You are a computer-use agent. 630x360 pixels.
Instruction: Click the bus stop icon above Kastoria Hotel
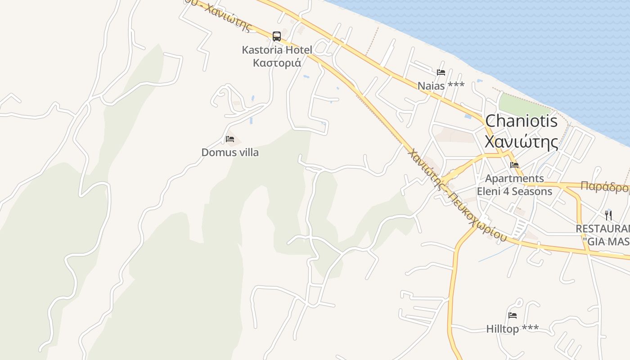[x=277, y=36]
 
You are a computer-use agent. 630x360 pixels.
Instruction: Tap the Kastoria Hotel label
[x=277, y=49]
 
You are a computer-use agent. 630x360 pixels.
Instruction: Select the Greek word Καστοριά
[x=277, y=63]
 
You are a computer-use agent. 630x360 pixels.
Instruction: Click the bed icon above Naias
[x=441, y=72]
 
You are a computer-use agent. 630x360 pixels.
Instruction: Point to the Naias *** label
[x=441, y=85]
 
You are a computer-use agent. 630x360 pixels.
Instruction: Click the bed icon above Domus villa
[x=230, y=139]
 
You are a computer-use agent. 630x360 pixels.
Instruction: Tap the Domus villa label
[x=230, y=152]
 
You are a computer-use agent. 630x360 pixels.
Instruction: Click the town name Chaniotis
[x=522, y=121]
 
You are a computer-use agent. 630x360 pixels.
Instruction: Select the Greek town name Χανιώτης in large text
[x=522, y=141]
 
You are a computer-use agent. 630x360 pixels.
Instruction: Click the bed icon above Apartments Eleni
[x=514, y=165]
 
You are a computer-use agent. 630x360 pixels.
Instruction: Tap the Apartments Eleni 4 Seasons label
[x=514, y=185]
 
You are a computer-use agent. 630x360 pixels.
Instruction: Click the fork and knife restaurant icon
[x=608, y=215]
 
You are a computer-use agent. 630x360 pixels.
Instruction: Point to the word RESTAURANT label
[x=603, y=229]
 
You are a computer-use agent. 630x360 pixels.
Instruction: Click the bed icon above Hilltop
[x=512, y=315]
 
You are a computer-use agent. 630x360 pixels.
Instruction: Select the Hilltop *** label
[x=512, y=329]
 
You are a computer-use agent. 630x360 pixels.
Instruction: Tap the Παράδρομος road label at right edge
[x=604, y=186]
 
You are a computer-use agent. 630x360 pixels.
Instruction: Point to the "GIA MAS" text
[x=606, y=242]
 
